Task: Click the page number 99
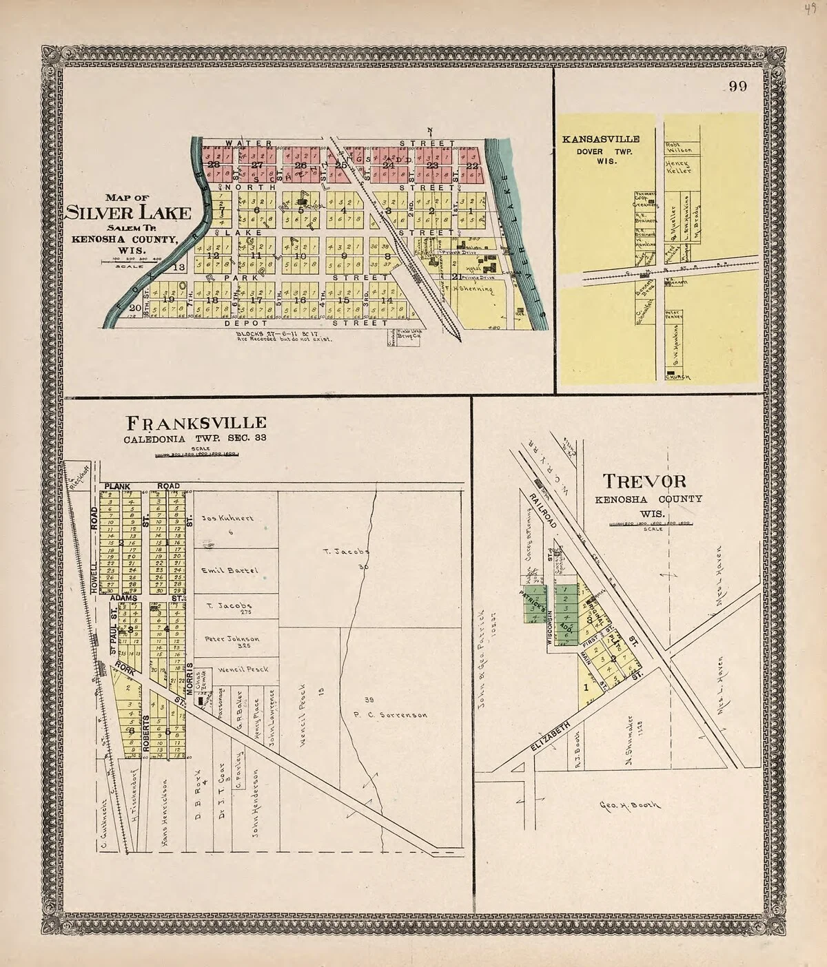point(740,87)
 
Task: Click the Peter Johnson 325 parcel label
point(232,640)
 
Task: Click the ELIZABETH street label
point(551,741)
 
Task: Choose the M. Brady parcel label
point(697,219)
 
